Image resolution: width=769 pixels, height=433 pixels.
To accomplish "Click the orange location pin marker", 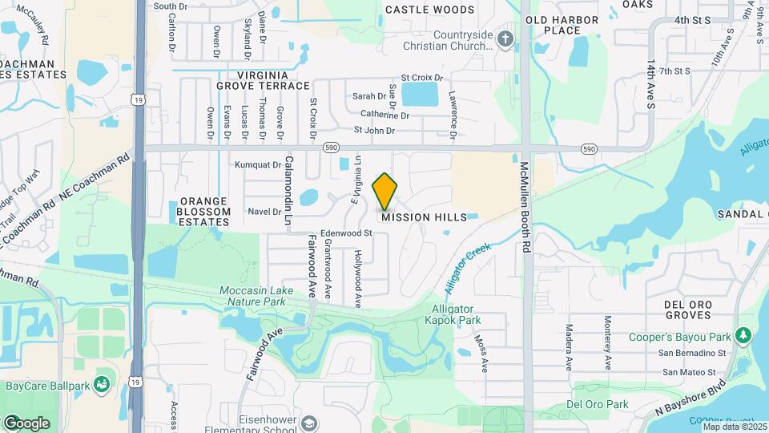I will tap(385, 191).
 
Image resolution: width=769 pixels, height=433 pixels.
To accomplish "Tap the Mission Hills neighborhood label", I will tap(424, 217).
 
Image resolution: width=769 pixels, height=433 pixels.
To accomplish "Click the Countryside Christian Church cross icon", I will tap(505, 38).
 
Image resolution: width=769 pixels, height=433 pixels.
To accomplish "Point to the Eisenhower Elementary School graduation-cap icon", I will tap(309, 423).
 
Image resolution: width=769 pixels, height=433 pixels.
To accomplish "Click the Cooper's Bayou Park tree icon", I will tap(744, 334).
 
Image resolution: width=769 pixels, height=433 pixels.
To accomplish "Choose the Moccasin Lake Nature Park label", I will tap(252, 296).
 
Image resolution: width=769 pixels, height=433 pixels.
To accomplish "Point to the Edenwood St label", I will tap(347, 233).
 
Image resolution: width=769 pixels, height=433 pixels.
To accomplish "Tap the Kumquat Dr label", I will tap(259, 164).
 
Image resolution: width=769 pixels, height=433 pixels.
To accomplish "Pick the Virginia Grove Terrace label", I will tap(262, 80).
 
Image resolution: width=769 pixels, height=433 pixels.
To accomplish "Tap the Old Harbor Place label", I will tap(562, 25).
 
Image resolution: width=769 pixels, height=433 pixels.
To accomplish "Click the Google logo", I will tap(26, 423).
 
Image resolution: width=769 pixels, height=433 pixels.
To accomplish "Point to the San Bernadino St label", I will tap(692, 353).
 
